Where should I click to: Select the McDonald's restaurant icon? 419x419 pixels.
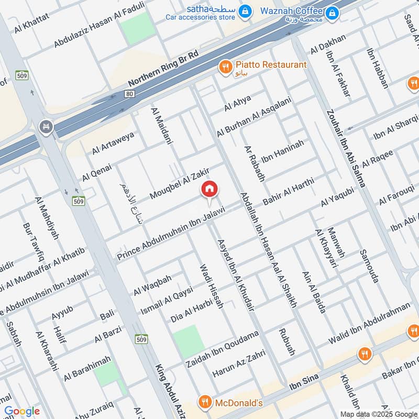(x=204, y=402)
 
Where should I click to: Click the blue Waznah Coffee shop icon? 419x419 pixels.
(x=331, y=12)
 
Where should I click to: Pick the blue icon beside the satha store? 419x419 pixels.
(x=244, y=10)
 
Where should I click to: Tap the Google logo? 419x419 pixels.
(x=21, y=411)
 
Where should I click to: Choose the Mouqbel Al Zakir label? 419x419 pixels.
(x=180, y=183)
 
